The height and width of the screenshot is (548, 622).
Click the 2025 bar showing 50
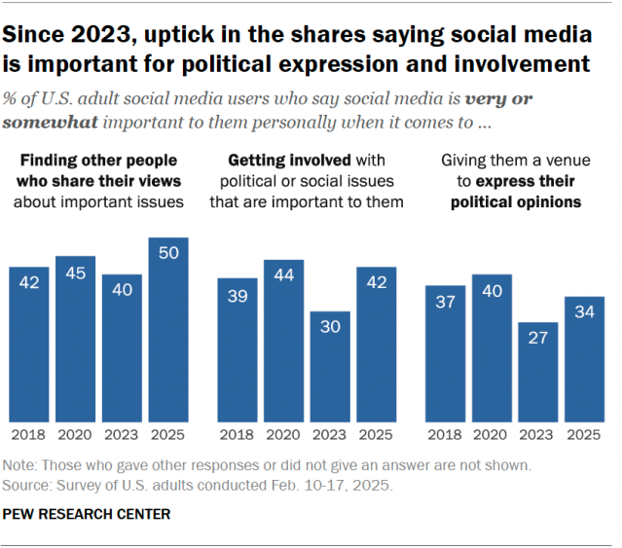click(168, 331)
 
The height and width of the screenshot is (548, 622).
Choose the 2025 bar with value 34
click(585, 359)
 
